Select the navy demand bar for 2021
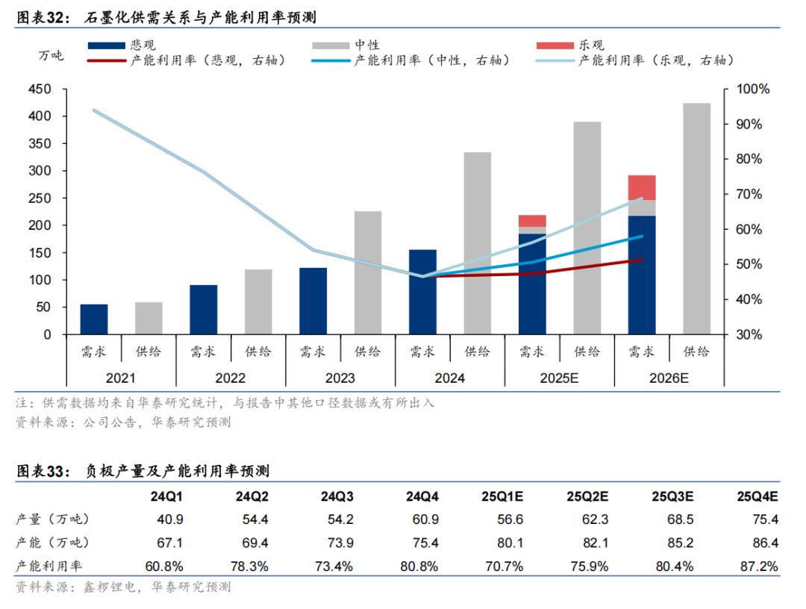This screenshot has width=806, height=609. (x=94, y=319)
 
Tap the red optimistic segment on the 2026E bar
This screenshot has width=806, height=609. (x=642, y=187)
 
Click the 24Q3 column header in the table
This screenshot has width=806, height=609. (x=338, y=497)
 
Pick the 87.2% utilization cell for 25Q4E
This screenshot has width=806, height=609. (x=759, y=566)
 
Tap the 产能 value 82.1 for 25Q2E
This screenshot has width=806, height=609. (x=590, y=543)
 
